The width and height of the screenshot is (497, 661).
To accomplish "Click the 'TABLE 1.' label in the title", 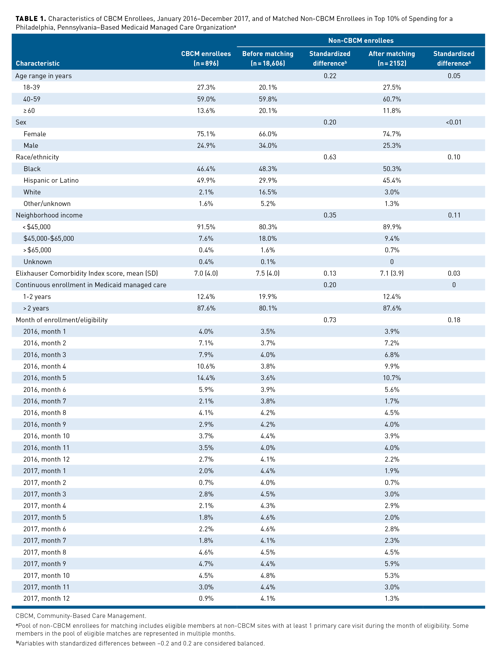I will [30, 19].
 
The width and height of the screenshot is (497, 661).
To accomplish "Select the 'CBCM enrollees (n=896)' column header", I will [206, 58].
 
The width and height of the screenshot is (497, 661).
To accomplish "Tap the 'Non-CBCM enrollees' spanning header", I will [361, 41].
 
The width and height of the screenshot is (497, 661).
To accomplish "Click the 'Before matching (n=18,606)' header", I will [268, 58].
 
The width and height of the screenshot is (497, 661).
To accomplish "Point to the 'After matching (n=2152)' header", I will [392, 58].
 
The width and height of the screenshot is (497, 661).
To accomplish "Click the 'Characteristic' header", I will [38, 63].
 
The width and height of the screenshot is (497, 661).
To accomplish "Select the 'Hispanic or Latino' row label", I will [51, 181].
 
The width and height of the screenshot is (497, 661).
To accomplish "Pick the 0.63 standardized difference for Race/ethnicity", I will [330, 157].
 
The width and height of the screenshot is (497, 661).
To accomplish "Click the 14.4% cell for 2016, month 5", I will [206, 378].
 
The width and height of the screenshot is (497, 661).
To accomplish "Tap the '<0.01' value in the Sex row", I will [454, 122].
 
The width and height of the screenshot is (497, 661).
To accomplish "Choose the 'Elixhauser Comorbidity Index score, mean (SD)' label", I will [87, 274].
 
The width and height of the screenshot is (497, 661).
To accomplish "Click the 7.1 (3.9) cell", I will [392, 274].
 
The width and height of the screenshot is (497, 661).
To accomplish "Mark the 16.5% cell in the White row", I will [268, 192].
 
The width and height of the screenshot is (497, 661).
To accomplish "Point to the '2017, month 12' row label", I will [46, 599].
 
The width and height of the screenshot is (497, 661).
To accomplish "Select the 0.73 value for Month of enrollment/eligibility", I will [330, 320].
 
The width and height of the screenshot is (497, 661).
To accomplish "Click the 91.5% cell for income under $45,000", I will [206, 227].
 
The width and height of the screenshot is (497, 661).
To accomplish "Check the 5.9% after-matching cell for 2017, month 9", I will [392, 564].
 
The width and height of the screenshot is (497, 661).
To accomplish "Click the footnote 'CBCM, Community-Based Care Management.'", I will [81, 616].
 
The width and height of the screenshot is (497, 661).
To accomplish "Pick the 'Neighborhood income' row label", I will [49, 215].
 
